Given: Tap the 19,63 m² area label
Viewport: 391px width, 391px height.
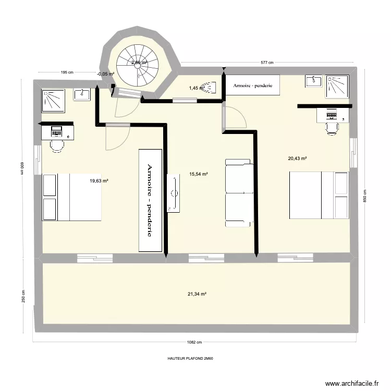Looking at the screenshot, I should (99, 181).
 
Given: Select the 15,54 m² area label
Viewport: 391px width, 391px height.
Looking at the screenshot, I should (199, 174).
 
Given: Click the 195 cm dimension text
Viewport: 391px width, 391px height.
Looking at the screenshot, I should (66, 72).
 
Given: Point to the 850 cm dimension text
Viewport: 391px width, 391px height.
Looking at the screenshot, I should (365, 195).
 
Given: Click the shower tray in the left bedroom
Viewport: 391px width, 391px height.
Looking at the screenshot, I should (55, 100).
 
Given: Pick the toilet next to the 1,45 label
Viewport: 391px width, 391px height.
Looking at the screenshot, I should (210, 88).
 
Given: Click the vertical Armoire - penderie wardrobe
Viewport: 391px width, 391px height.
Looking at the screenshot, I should (150, 200).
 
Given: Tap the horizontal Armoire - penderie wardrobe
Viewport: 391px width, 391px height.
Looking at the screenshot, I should (253, 85).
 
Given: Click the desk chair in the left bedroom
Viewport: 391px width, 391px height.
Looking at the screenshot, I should (56, 143).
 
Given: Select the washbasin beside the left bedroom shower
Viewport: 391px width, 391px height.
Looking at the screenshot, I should (82, 94).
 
